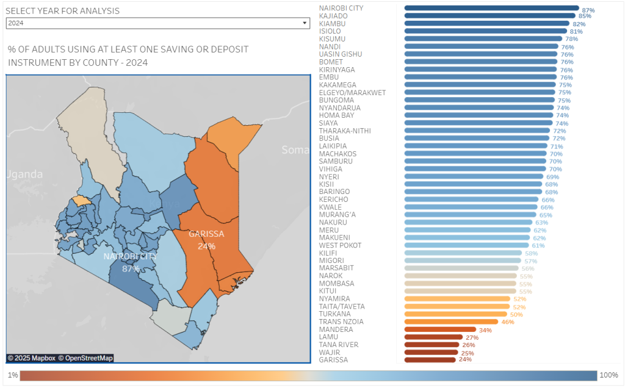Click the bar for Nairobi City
click(491, 9)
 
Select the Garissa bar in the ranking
click(430, 360)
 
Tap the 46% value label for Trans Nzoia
click(508, 322)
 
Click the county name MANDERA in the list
click(336, 329)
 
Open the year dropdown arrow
click(305, 23)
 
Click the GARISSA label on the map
click(206, 234)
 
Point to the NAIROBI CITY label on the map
click(130, 256)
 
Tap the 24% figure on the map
click(206, 246)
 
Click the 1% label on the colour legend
click(12, 375)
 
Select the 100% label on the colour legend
click(609, 375)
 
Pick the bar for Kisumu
click(483, 38)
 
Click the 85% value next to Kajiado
click(585, 16)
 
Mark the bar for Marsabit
click(461, 268)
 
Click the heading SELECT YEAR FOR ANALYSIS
click(63, 11)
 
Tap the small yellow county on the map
click(80, 199)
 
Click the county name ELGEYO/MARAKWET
click(352, 93)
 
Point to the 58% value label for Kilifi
click(531, 253)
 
